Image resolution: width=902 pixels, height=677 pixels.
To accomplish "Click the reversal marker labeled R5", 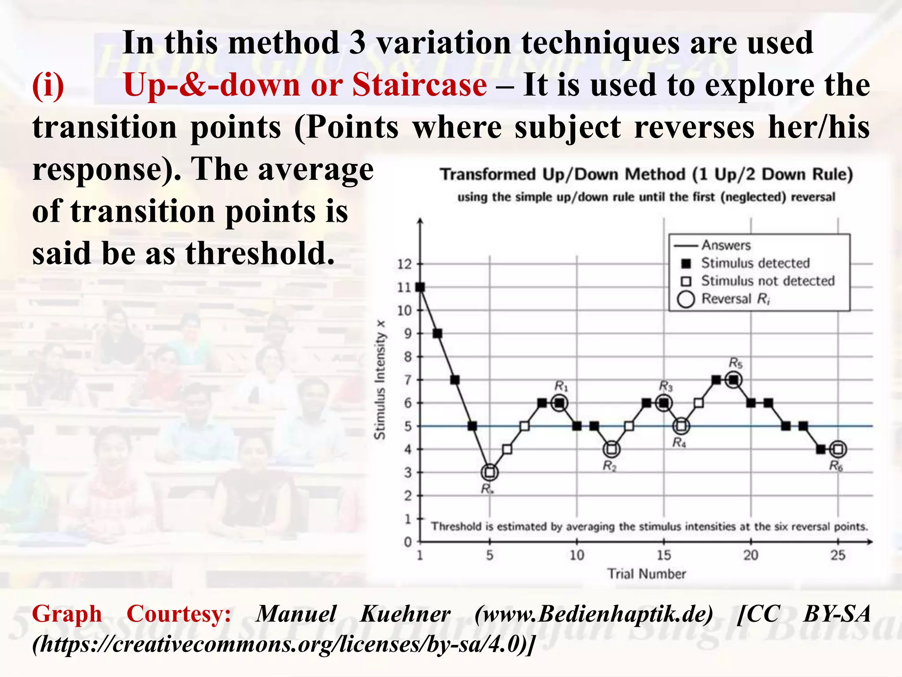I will pyautogui.click(x=734, y=379).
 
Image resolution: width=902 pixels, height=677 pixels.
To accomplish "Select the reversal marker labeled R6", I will pyautogui.click(x=838, y=450).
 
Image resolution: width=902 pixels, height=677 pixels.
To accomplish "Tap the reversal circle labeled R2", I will pyautogui.click(x=612, y=450).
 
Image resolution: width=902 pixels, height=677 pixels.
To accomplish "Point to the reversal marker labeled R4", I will pyautogui.click(x=681, y=426).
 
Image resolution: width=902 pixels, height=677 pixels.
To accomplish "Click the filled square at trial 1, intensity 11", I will pyautogui.click(x=420, y=287).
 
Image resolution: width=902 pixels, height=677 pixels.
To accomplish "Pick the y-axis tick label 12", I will pyautogui.click(x=404, y=264).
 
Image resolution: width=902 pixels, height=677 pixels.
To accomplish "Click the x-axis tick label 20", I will pyautogui.click(x=751, y=555).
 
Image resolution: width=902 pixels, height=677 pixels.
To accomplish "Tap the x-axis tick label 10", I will pyautogui.click(x=577, y=555).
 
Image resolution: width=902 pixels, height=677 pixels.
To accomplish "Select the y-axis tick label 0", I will pyautogui.click(x=408, y=543).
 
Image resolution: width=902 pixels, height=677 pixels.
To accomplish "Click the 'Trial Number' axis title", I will pyautogui.click(x=647, y=574).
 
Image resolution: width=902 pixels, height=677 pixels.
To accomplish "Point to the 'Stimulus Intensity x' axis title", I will pyautogui.click(x=380, y=379).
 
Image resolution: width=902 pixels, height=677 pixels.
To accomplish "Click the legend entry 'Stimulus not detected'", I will pyautogui.click(x=768, y=281).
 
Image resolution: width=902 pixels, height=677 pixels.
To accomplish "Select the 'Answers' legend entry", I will pyautogui.click(x=726, y=245).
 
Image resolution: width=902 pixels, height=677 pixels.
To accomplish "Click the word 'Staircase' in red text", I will pyautogui.click(x=419, y=84).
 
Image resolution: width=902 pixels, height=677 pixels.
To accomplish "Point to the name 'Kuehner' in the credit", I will pyautogui.click(x=405, y=614).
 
